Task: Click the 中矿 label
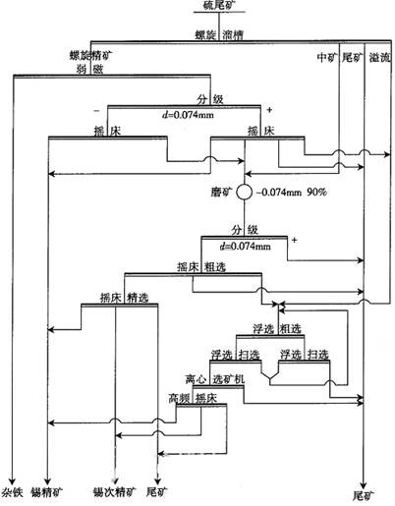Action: [327, 58]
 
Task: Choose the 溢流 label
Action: [378, 58]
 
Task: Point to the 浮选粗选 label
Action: [270, 327]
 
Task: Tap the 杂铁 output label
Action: [12, 490]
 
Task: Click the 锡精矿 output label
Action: [46, 490]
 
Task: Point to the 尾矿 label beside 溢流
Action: [354, 58]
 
